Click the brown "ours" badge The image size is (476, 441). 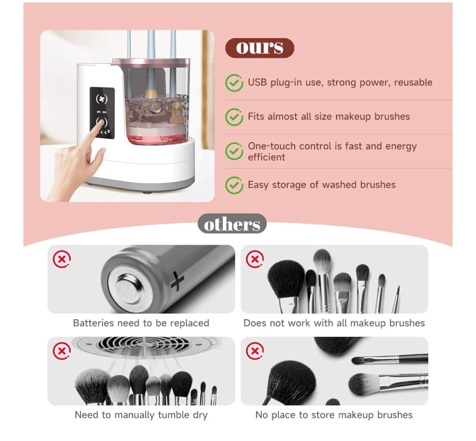pos(259,48)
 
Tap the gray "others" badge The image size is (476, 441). pos(232,224)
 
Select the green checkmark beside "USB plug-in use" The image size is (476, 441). pos(234,83)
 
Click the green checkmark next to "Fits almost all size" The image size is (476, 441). pos(234,117)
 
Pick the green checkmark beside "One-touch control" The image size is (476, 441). pos(234,151)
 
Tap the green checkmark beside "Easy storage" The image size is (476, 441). pos(234,185)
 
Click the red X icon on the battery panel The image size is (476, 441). pos(62,259)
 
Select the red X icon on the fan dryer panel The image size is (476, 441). pos(62,351)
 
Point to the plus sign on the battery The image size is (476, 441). pos(178,281)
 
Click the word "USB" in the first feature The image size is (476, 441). pos(257,82)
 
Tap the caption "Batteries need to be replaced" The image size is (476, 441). pos(141,323)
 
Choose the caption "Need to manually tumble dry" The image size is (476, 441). pos(141,415)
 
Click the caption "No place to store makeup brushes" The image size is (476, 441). pos(334,415)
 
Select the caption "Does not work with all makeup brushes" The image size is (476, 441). pos(334,323)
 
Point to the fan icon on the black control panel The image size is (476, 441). pos(101,99)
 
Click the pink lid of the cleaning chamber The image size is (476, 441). pos(151,61)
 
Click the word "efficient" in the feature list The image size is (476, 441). pos(266,157)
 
